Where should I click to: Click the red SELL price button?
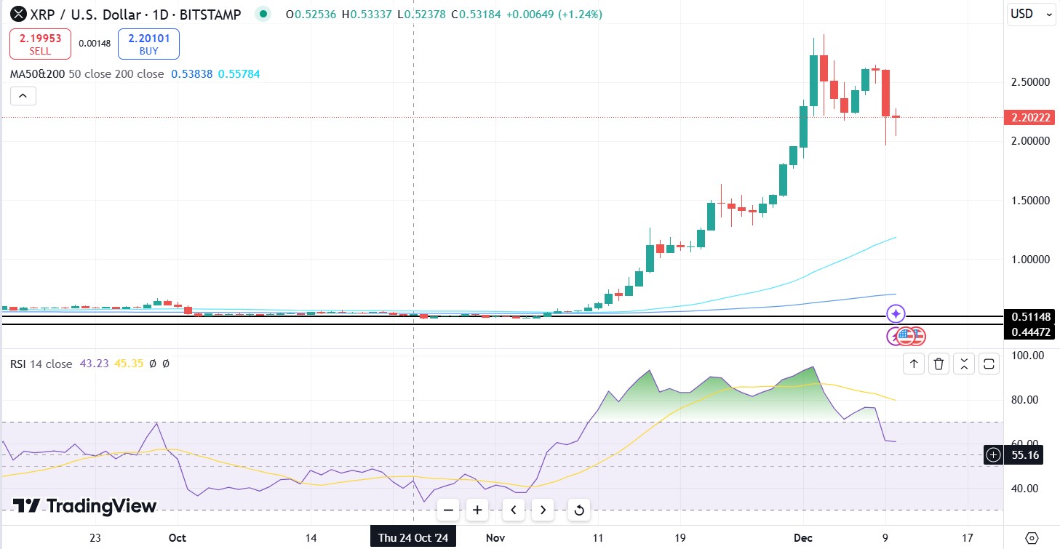40,44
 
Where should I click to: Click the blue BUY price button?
148,44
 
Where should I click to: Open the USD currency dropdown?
1031,14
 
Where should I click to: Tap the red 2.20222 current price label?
1029,118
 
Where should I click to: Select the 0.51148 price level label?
1029,317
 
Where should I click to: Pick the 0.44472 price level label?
1029,332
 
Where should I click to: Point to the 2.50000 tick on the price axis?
1030,82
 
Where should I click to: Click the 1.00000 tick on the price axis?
1030,259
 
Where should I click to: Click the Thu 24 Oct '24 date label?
413,538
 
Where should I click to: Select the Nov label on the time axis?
495,538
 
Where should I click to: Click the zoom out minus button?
448,510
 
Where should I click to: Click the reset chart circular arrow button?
579,510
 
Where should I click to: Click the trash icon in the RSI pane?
939,364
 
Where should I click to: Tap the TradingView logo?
84,506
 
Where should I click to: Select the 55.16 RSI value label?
1024,456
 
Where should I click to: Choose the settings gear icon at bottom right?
1032,538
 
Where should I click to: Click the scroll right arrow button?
543,510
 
